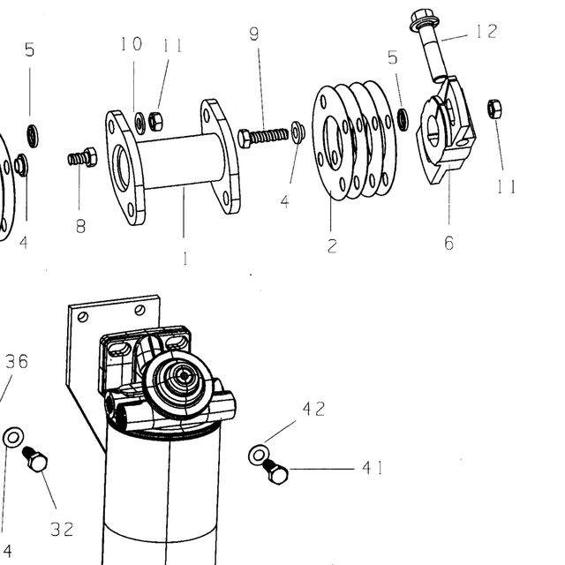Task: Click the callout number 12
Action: pos(486,31)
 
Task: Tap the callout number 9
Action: pos(254,34)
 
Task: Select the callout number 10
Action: pos(132,43)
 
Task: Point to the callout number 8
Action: pos(80,226)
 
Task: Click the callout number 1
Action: pos(185,259)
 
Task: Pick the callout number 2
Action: pos(332,245)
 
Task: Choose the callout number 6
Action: pos(449,243)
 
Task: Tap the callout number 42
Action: pos(314,409)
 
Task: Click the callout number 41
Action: pos(373,468)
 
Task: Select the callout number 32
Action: pos(62,530)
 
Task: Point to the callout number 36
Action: pos(17,361)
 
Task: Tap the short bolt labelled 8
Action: pos(82,157)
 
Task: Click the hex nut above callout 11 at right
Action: pos(494,109)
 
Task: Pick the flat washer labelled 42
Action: pos(259,455)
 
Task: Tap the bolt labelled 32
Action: pos(35,459)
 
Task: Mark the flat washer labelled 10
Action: pos(139,123)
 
